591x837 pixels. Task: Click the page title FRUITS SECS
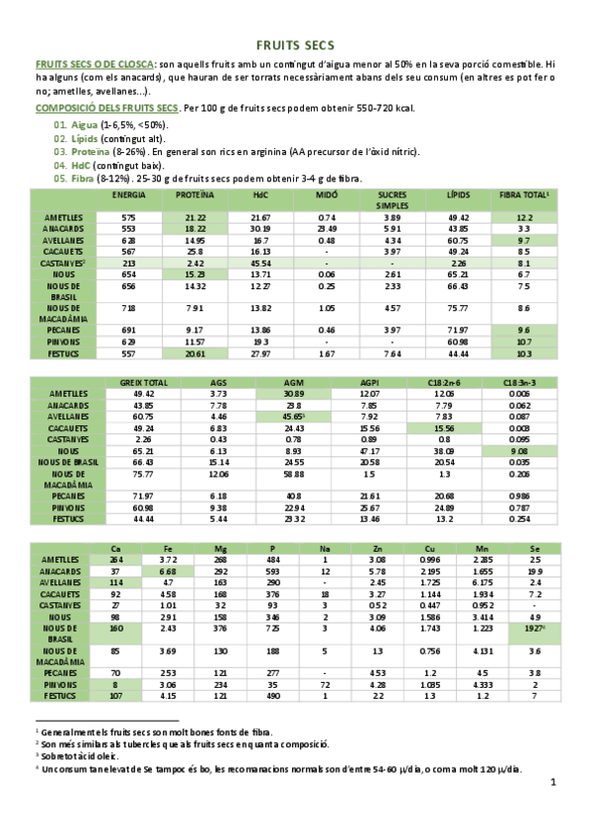(295, 45)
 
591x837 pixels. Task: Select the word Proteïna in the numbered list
(90, 152)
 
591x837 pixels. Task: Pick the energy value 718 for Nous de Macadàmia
(128, 309)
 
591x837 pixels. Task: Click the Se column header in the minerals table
(533, 548)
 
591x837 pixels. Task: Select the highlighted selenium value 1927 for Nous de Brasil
(534, 629)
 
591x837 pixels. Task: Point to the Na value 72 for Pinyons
(325, 683)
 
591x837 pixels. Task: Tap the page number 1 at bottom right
(554, 782)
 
